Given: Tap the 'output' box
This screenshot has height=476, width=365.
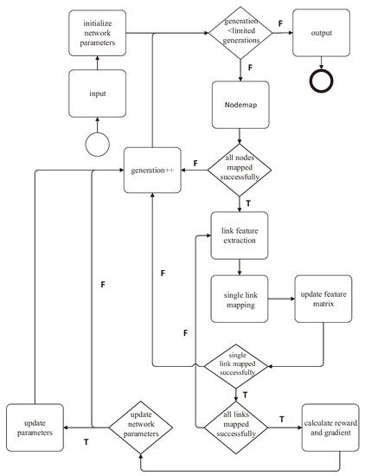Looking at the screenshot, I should (x=322, y=33).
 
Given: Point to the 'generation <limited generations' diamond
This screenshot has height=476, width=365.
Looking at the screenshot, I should (x=239, y=34).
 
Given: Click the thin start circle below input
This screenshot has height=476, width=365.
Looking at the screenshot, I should (x=97, y=143).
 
